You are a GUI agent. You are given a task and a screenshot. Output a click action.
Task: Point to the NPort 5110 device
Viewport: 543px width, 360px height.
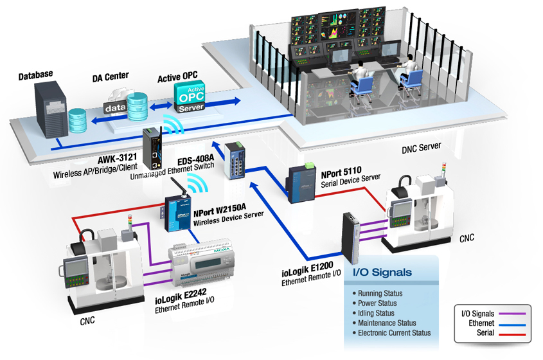coord(301,183)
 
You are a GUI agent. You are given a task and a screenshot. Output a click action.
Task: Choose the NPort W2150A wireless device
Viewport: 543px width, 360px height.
coord(177,211)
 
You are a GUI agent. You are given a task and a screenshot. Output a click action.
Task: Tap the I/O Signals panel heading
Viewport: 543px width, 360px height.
coord(382,272)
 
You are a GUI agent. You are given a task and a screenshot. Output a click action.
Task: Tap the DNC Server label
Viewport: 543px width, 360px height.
coord(421,147)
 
